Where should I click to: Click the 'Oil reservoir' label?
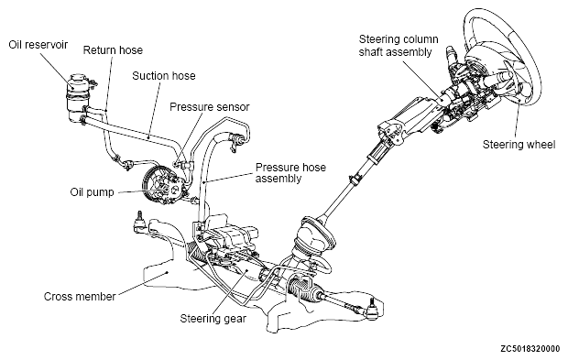[38, 45]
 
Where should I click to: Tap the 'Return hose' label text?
[113, 50]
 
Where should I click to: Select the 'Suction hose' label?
[164, 76]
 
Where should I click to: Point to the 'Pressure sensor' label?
[210, 107]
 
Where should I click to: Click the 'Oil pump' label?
[92, 192]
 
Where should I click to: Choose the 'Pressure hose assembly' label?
[290, 173]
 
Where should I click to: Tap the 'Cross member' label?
[80, 297]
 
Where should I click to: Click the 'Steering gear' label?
[213, 319]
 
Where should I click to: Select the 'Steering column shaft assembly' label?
[399, 45]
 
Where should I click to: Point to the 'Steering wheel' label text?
[519, 145]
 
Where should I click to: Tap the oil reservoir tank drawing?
[77, 98]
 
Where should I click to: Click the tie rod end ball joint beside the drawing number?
[371, 311]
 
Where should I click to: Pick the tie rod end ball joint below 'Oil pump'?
[139, 222]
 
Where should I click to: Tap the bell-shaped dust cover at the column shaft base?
[313, 235]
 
